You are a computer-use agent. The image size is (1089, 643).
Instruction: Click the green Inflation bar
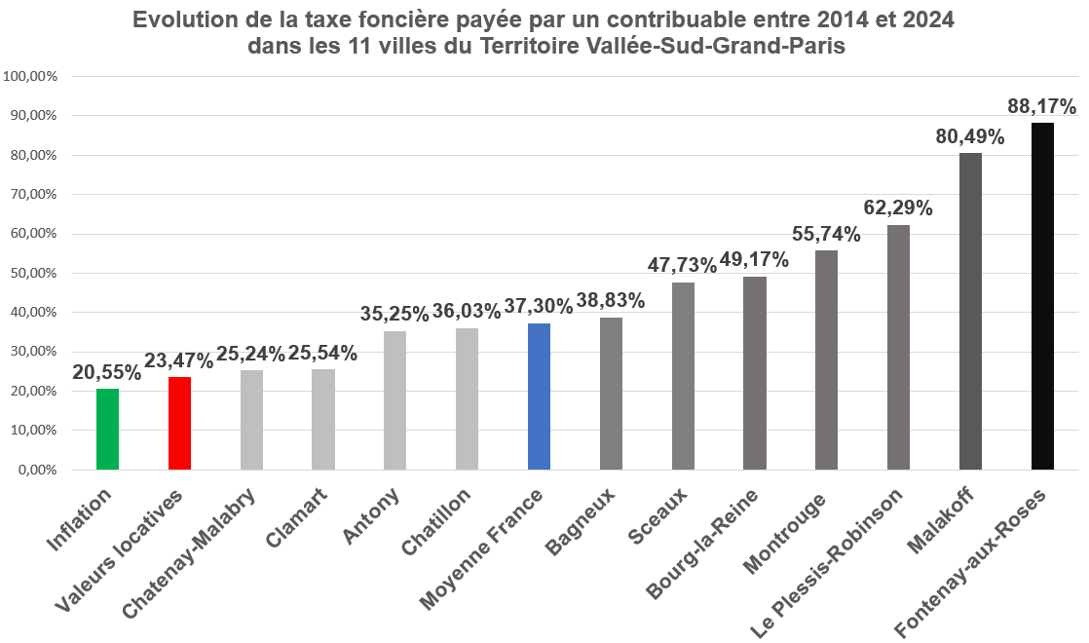click(108, 430)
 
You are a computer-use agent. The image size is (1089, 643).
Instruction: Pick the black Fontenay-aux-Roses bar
click(1042, 296)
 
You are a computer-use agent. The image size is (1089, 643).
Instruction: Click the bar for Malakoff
click(970, 312)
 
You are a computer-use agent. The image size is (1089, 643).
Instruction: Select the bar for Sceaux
click(683, 376)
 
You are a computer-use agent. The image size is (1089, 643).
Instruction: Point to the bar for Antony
click(394, 400)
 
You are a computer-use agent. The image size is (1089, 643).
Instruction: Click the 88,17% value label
click(1041, 106)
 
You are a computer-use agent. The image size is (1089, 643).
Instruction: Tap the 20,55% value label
click(107, 372)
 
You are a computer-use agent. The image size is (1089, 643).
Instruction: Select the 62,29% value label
click(898, 208)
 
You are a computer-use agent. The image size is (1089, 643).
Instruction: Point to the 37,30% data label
click(539, 307)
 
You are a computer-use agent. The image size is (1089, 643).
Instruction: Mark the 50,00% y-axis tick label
click(33, 273)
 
